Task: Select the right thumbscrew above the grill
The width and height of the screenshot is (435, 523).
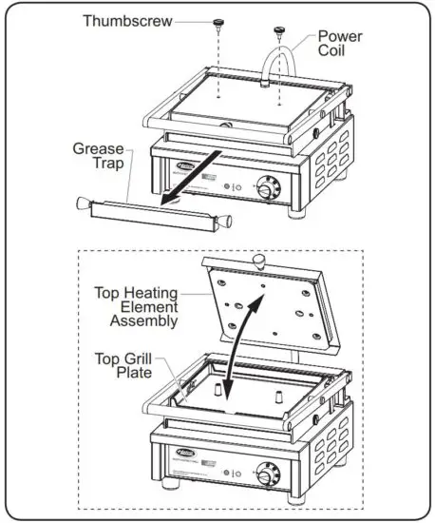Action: pyautogui.click(x=280, y=32)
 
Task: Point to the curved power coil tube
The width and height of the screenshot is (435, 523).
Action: pyautogui.click(x=282, y=62)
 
